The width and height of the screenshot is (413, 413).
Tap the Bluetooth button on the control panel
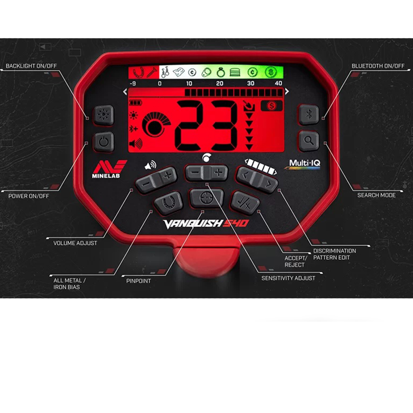(308, 114)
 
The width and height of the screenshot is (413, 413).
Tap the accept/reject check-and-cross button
(245, 201)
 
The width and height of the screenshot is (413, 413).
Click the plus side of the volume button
(167, 176)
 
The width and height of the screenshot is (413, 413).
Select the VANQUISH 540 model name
(206, 224)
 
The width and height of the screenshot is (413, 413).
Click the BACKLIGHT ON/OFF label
(31, 66)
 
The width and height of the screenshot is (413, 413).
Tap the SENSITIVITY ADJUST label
(288, 278)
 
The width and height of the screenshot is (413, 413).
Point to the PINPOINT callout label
(138, 281)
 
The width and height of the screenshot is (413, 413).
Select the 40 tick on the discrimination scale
(279, 83)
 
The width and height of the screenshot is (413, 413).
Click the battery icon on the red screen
(135, 102)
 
